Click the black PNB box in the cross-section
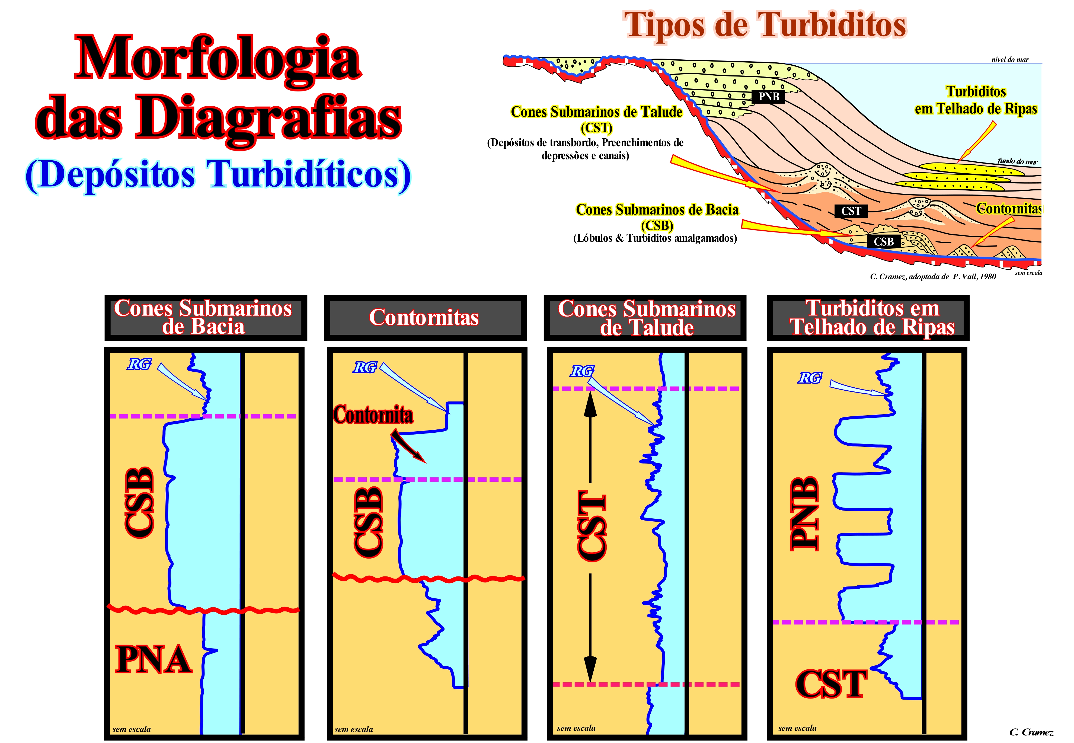pyautogui.click(x=768, y=97)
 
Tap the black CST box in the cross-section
pyautogui.click(x=851, y=211)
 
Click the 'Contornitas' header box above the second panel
pyautogui.click(x=425, y=317)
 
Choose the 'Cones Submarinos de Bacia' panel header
pyautogui.click(x=206, y=317)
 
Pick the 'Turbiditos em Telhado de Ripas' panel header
pyautogui.click(x=868, y=317)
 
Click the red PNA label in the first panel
pyautogui.click(x=153, y=659)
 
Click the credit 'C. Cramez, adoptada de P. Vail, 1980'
pyautogui.click(x=933, y=276)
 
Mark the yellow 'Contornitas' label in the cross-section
pyautogui.click(x=1008, y=209)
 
